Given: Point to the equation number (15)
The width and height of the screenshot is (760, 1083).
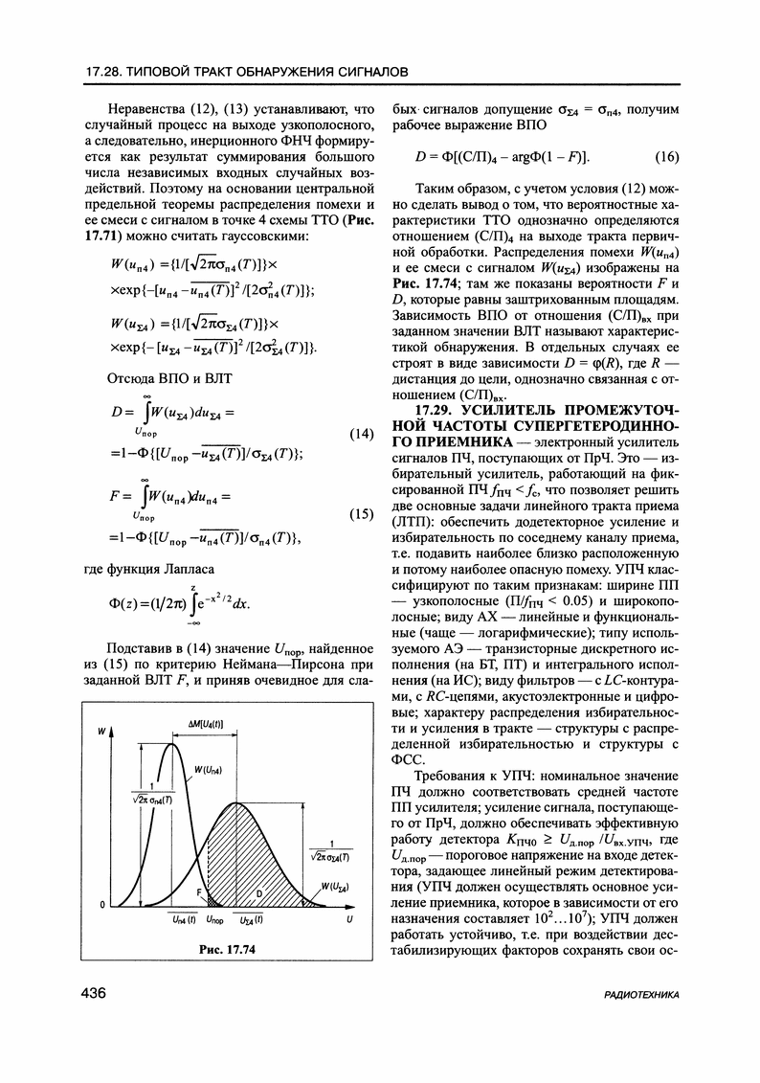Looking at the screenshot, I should coord(361,514).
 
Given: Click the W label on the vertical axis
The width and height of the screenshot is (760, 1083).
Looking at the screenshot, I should coord(101,732).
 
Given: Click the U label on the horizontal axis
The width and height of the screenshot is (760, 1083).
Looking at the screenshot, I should coord(350,919).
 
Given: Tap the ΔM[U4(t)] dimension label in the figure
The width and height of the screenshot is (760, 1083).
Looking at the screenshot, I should coord(204,725).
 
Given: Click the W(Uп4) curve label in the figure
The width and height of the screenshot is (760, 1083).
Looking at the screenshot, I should coord(212,769).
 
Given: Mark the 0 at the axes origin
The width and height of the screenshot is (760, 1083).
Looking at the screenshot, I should coord(101,905).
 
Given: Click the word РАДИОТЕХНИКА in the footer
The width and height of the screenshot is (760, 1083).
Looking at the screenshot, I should coord(641,996).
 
